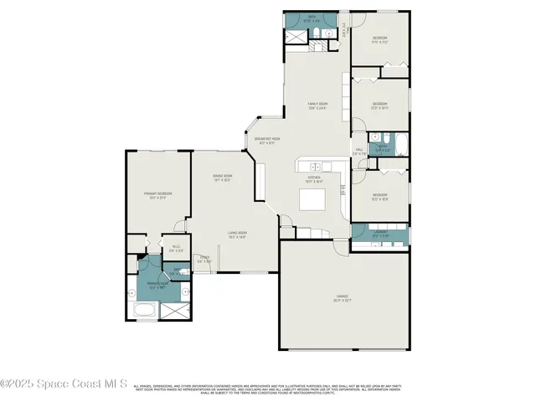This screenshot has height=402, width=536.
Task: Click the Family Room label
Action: click(317, 105)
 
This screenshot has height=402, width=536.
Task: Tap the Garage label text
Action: click(343, 297)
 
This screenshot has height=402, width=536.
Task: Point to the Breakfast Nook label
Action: click(266, 141)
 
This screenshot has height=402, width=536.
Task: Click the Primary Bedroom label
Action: click(157, 195)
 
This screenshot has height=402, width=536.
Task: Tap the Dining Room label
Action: click(222, 178)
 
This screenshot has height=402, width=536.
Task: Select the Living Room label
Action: click(237, 234)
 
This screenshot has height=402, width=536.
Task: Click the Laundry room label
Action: click(380, 234)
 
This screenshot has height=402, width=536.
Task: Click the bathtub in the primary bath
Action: click(145, 312)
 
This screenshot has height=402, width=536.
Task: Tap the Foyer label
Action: click(204, 259)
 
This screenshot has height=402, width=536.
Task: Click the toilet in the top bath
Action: click(321, 33)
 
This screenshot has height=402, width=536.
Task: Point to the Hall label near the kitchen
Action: click(358, 152)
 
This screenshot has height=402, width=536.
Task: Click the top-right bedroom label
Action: click(379, 40)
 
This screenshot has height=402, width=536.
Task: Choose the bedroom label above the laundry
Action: click(379, 197)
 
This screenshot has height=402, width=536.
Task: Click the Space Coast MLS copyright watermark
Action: click(64, 384)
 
